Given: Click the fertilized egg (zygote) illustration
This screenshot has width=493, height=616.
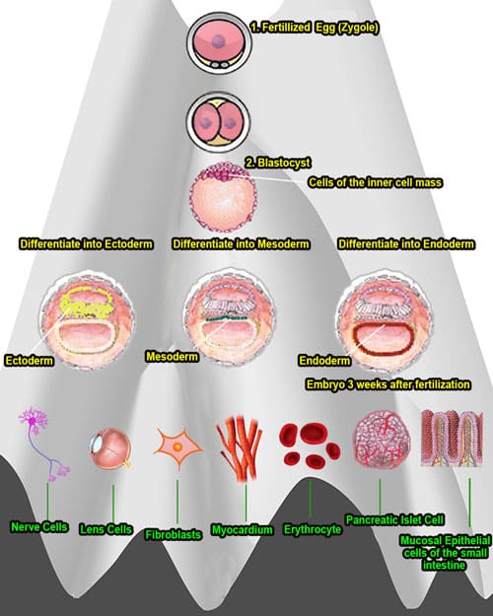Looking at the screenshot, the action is (219, 42).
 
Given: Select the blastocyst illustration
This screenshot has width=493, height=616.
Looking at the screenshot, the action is (223, 196).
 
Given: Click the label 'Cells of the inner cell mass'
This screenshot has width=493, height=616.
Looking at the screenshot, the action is (375, 182).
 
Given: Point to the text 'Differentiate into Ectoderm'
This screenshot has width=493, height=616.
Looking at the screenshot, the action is (86, 244).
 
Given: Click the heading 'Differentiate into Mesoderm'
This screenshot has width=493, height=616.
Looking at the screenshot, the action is (241, 244).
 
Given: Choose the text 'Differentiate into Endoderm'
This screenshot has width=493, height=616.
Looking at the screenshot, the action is (406, 244).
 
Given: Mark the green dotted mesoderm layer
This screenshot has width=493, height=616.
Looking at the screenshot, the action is (225, 318).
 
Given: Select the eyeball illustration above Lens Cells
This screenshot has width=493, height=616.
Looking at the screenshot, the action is (110, 448).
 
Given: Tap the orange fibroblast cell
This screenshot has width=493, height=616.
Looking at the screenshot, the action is (177, 447).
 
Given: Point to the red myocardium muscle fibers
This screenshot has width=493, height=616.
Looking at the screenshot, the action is (240, 447).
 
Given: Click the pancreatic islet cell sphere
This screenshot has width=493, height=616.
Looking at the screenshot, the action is (381, 440).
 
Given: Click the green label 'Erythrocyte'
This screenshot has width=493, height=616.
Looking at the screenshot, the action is (313, 529).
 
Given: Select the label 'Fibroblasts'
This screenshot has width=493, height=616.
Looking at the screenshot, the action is (174, 534).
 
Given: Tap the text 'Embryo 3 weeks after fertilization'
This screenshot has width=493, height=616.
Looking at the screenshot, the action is (388, 383).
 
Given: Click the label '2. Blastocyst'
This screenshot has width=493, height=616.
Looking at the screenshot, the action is (278, 163).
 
